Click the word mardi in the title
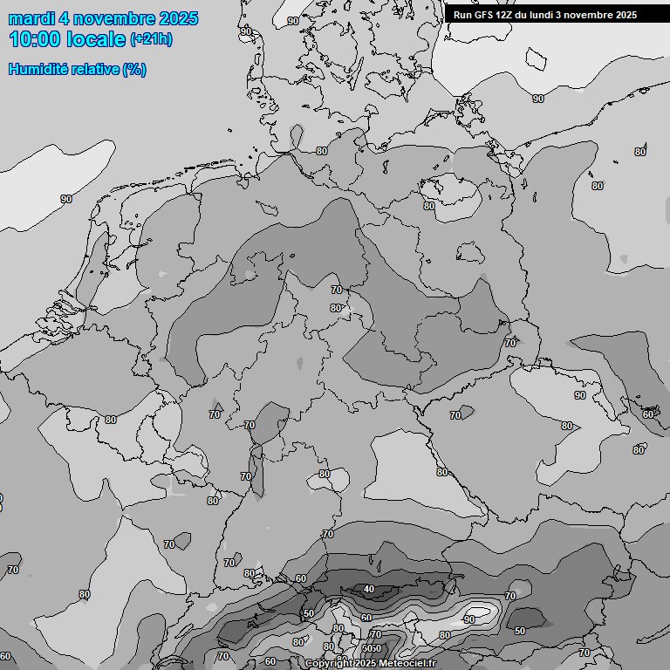[x=31, y=18]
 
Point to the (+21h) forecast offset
[x=151, y=39]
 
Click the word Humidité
[x=36, y=70]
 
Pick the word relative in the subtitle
[x=92, y=70]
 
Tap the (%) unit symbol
[x=134, y=70]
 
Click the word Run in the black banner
[x=462, y=15]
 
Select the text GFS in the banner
[x=484, y=15]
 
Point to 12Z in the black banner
[x=507, y=15]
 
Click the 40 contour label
[x=369, y=590]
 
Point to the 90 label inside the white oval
[x=470, y=619]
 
